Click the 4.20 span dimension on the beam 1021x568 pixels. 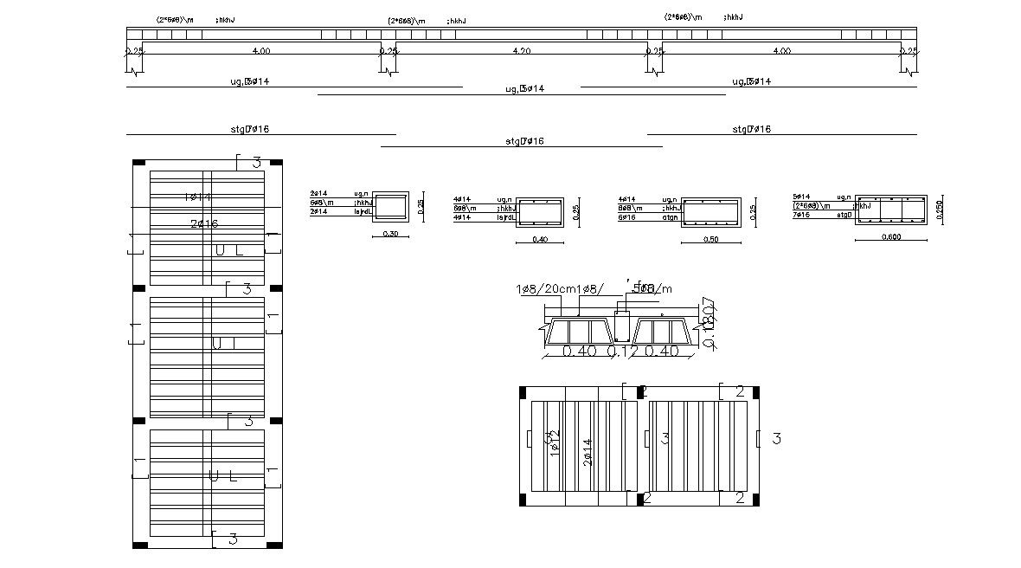click(521, 51)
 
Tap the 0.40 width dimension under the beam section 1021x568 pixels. click(540, 239)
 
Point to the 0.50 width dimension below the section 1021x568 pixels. click(710, 239)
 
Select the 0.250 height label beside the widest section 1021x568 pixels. click(940, 209)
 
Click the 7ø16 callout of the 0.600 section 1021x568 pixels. click(802, 215)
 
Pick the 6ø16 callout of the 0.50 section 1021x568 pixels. click(626, 217)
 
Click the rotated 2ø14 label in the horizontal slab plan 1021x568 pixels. click(588, 451)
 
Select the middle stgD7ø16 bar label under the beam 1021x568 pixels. click(521, 141)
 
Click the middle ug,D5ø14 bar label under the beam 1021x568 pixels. click(524, 89)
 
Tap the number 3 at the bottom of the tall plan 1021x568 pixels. click(232, 539)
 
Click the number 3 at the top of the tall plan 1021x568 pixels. click(256, 163)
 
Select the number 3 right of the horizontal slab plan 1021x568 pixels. click(776, 439)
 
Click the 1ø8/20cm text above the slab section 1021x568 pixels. click(549, 288)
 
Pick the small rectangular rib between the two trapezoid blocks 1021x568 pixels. click(621, 326)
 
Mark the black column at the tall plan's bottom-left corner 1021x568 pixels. click(138, 545)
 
